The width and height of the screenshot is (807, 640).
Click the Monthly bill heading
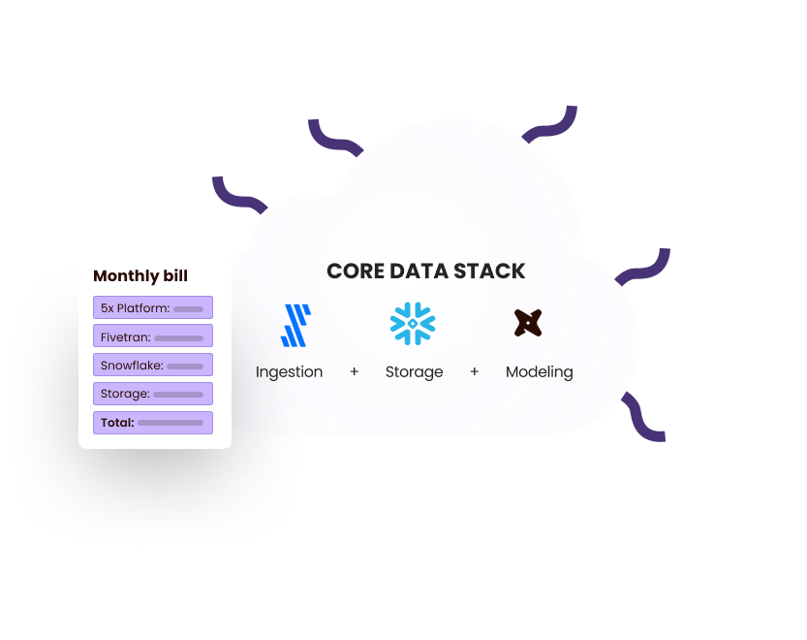click(140, 276)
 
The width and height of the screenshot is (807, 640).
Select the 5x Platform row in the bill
click(153, 308)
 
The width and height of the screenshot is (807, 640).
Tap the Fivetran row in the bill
click(153, 337)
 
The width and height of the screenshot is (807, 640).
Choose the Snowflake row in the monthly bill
click(153, 366)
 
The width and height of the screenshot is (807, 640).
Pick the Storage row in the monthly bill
click(153, 394)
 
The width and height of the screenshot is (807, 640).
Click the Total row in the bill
click(153, 422)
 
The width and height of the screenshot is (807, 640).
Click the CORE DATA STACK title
click(426, 272)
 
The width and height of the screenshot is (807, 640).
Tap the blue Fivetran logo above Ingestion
click(295, 325)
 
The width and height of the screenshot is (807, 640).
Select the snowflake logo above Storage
click(414, 324)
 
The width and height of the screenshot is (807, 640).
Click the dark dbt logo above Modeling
click(528, 323)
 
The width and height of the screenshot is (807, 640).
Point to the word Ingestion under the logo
click(289, 371)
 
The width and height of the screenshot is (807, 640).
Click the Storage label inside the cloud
click(414, 371)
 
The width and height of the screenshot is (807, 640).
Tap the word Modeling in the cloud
click(539, 371)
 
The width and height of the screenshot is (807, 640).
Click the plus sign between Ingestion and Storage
click(355, 371)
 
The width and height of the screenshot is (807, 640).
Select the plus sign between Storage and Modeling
click(475, 371)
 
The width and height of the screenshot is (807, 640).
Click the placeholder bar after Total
click(171, 423)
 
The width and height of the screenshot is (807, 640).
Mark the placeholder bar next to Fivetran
click(178, 338)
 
